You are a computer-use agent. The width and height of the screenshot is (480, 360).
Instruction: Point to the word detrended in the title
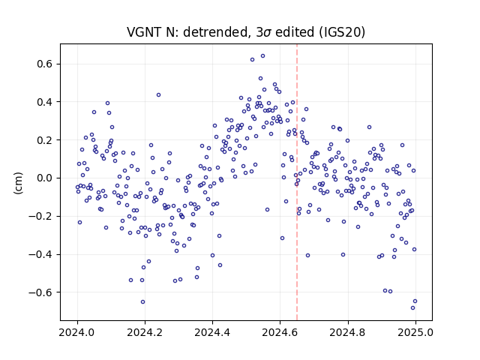[x=215, y=32]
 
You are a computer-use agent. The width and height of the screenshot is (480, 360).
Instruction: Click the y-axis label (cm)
[x=18, y=183]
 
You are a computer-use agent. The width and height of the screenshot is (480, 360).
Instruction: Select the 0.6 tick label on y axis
[x=44, y=64]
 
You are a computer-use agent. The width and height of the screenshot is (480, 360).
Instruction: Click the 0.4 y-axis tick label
[x=44, y=102]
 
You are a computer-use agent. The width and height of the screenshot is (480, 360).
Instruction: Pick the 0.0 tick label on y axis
[x=44, y=178]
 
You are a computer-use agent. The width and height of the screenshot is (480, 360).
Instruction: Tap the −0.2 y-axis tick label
[x=40, y=217]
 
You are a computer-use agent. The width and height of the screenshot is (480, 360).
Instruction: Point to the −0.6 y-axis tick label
[x=40, y=292]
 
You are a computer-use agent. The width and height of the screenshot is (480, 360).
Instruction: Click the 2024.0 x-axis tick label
[x=77, y=332]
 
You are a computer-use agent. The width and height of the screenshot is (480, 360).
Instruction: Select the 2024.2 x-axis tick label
[x=145, y=332]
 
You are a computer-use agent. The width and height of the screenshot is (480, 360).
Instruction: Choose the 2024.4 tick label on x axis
[x=212, y=332]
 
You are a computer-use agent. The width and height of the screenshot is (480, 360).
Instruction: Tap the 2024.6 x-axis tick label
[x=280, y=332]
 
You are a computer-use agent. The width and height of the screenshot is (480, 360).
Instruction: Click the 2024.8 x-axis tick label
[x=348, y=332]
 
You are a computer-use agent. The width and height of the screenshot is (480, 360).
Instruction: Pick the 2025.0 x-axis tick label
[x=415, y=332]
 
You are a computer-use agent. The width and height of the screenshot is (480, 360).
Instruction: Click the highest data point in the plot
[x=262, y=56]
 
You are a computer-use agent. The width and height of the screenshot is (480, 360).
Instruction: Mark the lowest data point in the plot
[x=412, y=308]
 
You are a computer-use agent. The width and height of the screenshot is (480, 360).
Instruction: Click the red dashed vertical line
[x=297, y=182]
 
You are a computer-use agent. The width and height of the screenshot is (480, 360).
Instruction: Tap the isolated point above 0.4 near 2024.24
[x=158, y=95]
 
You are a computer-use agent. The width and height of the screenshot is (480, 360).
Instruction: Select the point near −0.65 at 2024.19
[x=142, y=301]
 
